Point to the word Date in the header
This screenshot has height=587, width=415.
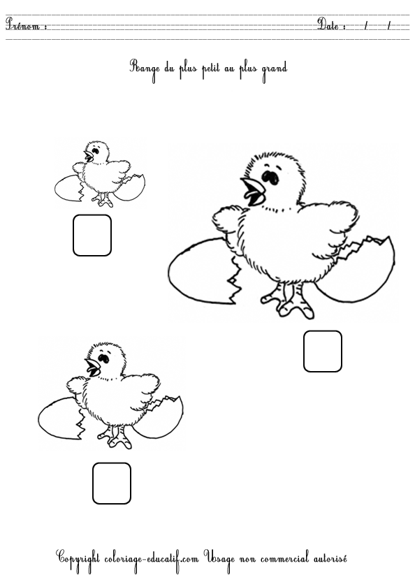click(328, 24)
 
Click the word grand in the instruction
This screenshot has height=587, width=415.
click(274, 70)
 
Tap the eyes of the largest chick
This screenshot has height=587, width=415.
click(270, 177)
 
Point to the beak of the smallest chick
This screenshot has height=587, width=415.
click(89, 156)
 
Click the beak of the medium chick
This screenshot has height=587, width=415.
click(92, 367)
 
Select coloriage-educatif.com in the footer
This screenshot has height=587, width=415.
click(151, 559)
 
